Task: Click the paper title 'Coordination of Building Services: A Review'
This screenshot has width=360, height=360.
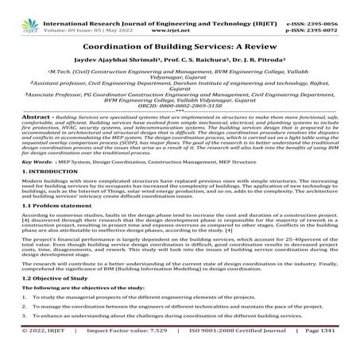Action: coord(180,45)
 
